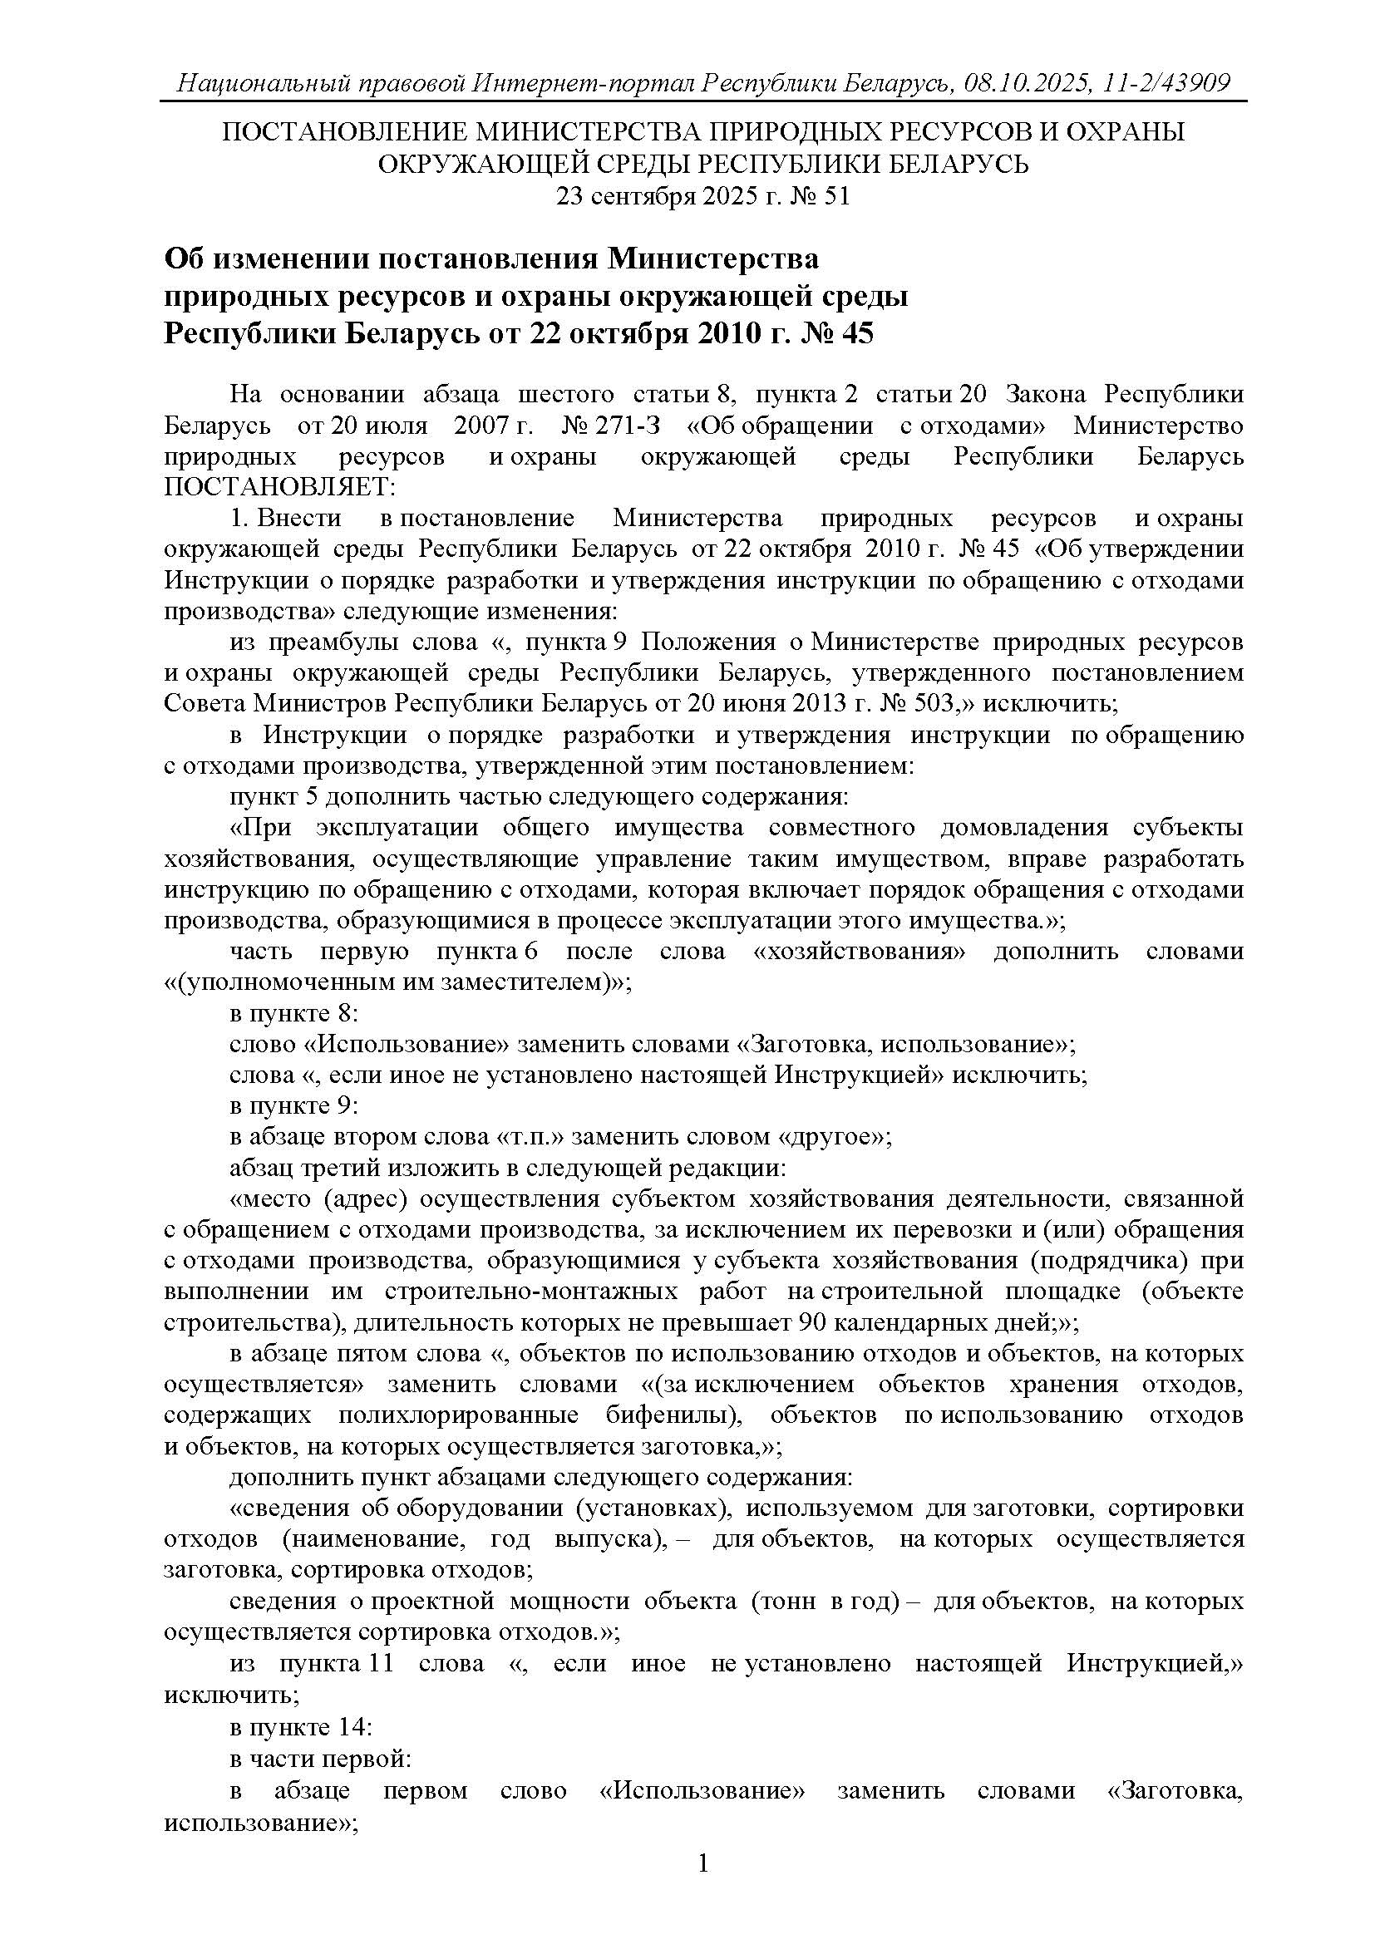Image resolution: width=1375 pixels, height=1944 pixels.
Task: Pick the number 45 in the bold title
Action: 857,334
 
